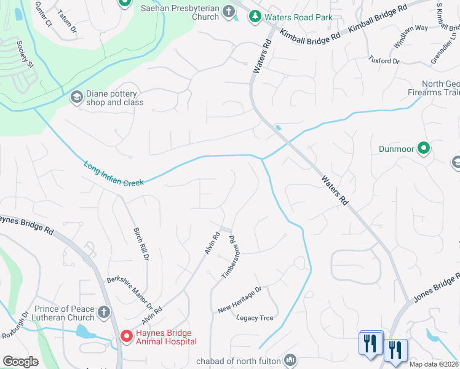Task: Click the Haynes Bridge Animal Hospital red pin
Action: pyautogui.click(x=126, y=336)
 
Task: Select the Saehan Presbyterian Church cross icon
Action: pyautogui.click(x=229, y=10)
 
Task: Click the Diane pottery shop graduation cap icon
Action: pyautogui.click(x=76, y=97)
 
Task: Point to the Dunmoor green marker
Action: pyautogui.click(x=423, y=148)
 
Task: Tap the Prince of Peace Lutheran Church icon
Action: pyautogui.click(x=104, y=312)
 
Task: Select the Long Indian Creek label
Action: pyautogui.click(x=113, y=173)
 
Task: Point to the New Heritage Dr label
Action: pyautogui.click(x=239, y=299)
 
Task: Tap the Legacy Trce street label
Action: pyautogui.click(x=255, y=318)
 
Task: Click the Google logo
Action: pyautogui.click(x=20, y=362)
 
